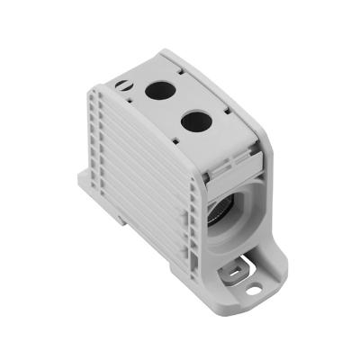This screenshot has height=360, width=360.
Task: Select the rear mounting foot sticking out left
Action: pyautogui.click(x=84, y=187)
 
